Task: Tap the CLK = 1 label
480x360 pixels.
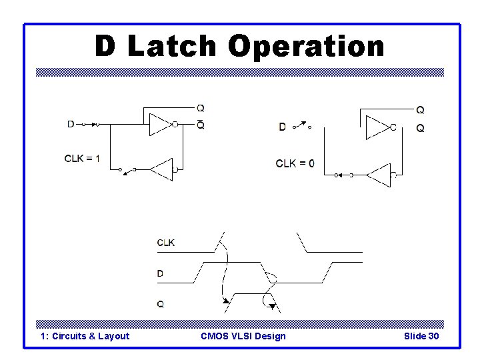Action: (82, 158)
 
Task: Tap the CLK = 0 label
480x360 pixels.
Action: (295, 163)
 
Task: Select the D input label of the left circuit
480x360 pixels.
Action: (71, 123)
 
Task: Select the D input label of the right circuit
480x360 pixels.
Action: (282, 127)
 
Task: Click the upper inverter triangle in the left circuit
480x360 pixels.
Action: (161, 124)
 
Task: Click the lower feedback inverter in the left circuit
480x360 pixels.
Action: (162, 169)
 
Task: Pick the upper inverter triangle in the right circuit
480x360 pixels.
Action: (378, 127)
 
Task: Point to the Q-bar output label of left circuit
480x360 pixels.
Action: (201, 125)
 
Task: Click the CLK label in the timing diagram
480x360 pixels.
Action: (166, 243)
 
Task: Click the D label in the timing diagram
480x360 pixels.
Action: (160, 273)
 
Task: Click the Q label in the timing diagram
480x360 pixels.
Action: (160, 304)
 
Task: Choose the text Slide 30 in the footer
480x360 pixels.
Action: (421, 336)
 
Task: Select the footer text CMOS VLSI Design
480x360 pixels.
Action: (243, 336)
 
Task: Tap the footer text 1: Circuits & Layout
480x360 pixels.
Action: (85, 336)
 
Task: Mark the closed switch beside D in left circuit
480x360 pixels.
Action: (91, 123)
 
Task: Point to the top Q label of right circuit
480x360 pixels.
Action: (420, 109)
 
